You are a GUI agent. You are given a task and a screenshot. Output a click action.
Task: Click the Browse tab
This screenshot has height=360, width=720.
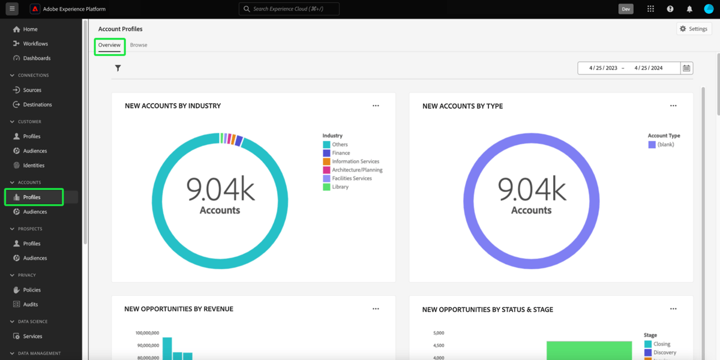point(139,45)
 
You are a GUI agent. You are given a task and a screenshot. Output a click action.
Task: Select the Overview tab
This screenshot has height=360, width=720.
point(109,45)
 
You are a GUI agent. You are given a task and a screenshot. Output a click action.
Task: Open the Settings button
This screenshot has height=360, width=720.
point(694,29)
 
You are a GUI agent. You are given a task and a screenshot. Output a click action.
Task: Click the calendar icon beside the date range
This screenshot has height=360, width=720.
point(686,68)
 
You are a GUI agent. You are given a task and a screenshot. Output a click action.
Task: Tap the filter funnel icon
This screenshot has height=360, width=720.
point(118,68)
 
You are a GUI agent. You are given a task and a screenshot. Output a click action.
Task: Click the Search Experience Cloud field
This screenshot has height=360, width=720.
point(289,9)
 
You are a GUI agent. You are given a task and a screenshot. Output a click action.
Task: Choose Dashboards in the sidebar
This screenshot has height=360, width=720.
point(37,58)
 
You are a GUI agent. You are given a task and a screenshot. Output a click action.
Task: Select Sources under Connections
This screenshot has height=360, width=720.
point(32,90)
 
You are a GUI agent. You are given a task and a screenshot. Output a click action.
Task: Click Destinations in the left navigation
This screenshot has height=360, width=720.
point(37,104)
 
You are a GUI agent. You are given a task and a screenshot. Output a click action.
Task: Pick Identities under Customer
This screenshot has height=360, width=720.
point(34,165)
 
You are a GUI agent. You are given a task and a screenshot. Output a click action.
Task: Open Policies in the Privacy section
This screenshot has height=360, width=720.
point(32,290)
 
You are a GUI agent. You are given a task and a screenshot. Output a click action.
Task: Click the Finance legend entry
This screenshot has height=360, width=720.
point(341,153)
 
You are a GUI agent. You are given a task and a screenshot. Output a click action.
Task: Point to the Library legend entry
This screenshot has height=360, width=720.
point(340,187)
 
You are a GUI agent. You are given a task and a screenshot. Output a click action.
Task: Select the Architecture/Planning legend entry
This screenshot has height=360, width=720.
point(357,170)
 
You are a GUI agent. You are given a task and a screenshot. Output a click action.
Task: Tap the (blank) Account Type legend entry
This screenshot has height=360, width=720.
point(665,145)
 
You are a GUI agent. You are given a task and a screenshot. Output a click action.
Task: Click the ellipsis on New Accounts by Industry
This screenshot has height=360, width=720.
point(376,106)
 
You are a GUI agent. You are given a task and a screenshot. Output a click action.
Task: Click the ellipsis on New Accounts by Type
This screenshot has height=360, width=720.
point(673,106)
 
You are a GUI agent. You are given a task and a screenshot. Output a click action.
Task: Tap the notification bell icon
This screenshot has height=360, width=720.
point(689,9)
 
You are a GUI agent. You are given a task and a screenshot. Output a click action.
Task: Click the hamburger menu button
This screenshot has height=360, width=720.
point(12,9)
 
